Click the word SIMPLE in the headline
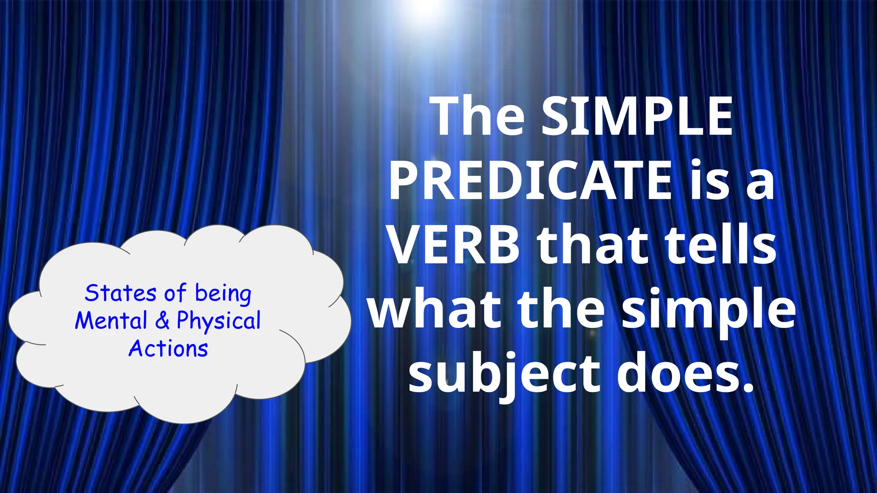pyautogui.click(x=637, y=116)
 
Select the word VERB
pyautogui.click(x=455, y=246)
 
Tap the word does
pyautogui.click(x=677, y=373)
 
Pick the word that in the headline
pyautogui.click(x=593, y=246)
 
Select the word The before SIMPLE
pyautogui.click(x=479, y=116)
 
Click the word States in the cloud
pyautogui.click(x=120, y=294)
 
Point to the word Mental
pyautogui.click(x=111, y=321)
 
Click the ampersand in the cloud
pyautogui.click(x=162, y=321)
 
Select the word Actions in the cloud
pyautogui.click(x=168, y=349)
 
